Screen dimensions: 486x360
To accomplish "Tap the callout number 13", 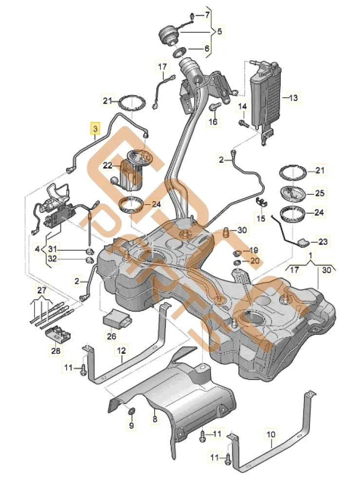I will tap(293, 98).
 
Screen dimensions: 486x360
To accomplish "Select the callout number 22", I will tap(108, 166).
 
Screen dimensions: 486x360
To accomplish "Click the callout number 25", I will tap(319, 193).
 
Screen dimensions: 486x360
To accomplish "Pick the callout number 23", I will tap(324, 241).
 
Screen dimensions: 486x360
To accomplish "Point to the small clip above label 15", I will tap(261, 202).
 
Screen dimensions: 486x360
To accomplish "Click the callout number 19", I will tap(253, 250).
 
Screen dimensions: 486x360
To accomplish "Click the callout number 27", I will tap(42, 291).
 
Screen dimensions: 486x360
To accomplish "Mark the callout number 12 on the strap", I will tap(121, 349).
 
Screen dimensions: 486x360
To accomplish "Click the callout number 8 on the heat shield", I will tap(155, 417).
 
